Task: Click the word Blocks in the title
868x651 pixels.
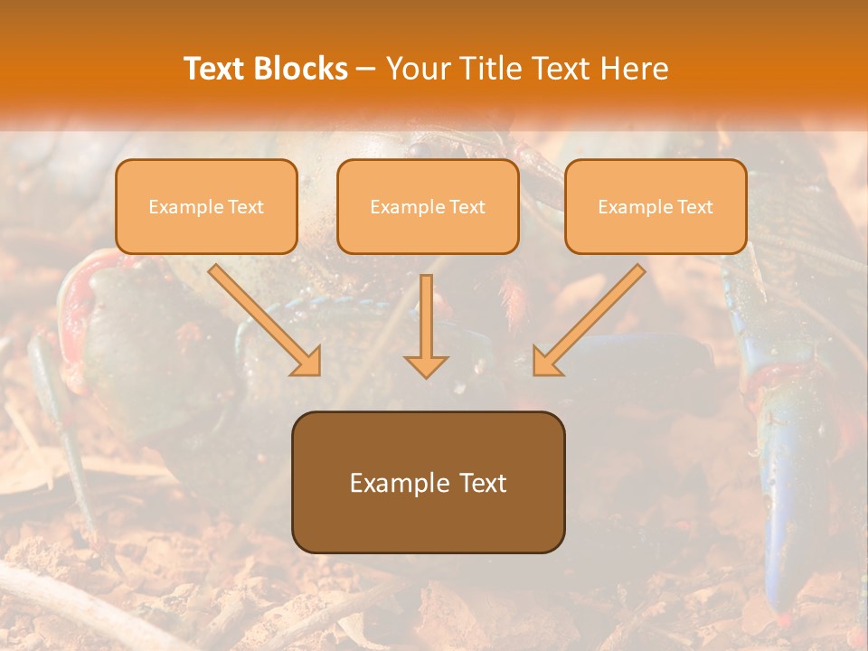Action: pyautogui.click(x=301, y=69)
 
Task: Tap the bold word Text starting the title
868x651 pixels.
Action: pyautogui.click(x=215, y=69)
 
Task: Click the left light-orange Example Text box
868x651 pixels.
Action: pyautogui.click(x=206, y=207)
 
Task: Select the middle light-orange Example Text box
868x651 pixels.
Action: pyautogui.click(x=428, y=207)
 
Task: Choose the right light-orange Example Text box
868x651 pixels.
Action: pyautogui.click(x=656, y=207)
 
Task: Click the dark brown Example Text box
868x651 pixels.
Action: pyautogui.click(x=428, y=483)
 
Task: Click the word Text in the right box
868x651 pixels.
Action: pyautogui.click(x=694, y=207)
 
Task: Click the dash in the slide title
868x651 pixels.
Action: pyautogui.click(x=366, y=69)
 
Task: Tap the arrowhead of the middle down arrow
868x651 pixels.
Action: pyautogui.click(x=426, y=364)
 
